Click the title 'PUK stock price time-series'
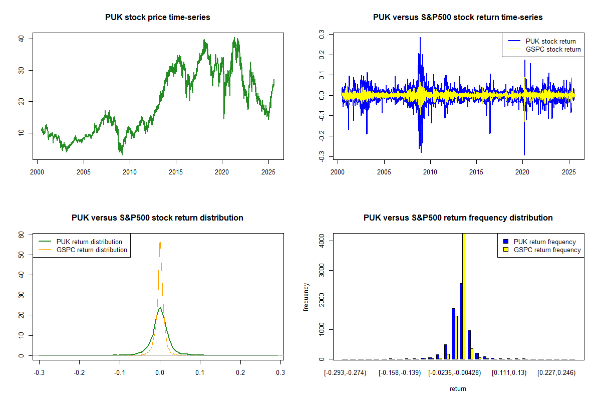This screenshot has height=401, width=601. tap(157, 18)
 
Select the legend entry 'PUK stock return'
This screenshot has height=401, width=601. tap(550, 41)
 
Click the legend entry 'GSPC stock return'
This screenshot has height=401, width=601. tap(553, 49)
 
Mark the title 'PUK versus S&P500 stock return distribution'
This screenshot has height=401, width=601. tap(157, 218)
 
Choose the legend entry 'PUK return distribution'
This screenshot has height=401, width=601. tap(89, 242)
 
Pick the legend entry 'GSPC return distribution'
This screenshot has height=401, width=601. tap(92, 250)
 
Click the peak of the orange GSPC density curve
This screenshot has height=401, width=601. tap(160, 241)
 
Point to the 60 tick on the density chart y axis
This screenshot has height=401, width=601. tap(22, 235)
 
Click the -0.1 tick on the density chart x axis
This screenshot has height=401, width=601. tap(119, 373)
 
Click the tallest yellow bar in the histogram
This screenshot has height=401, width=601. tap(464, 296)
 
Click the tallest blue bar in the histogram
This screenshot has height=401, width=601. tap(461, 321)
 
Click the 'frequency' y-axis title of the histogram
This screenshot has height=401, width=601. tap(306, 297)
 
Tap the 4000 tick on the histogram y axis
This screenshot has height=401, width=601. tap(321, 241)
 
